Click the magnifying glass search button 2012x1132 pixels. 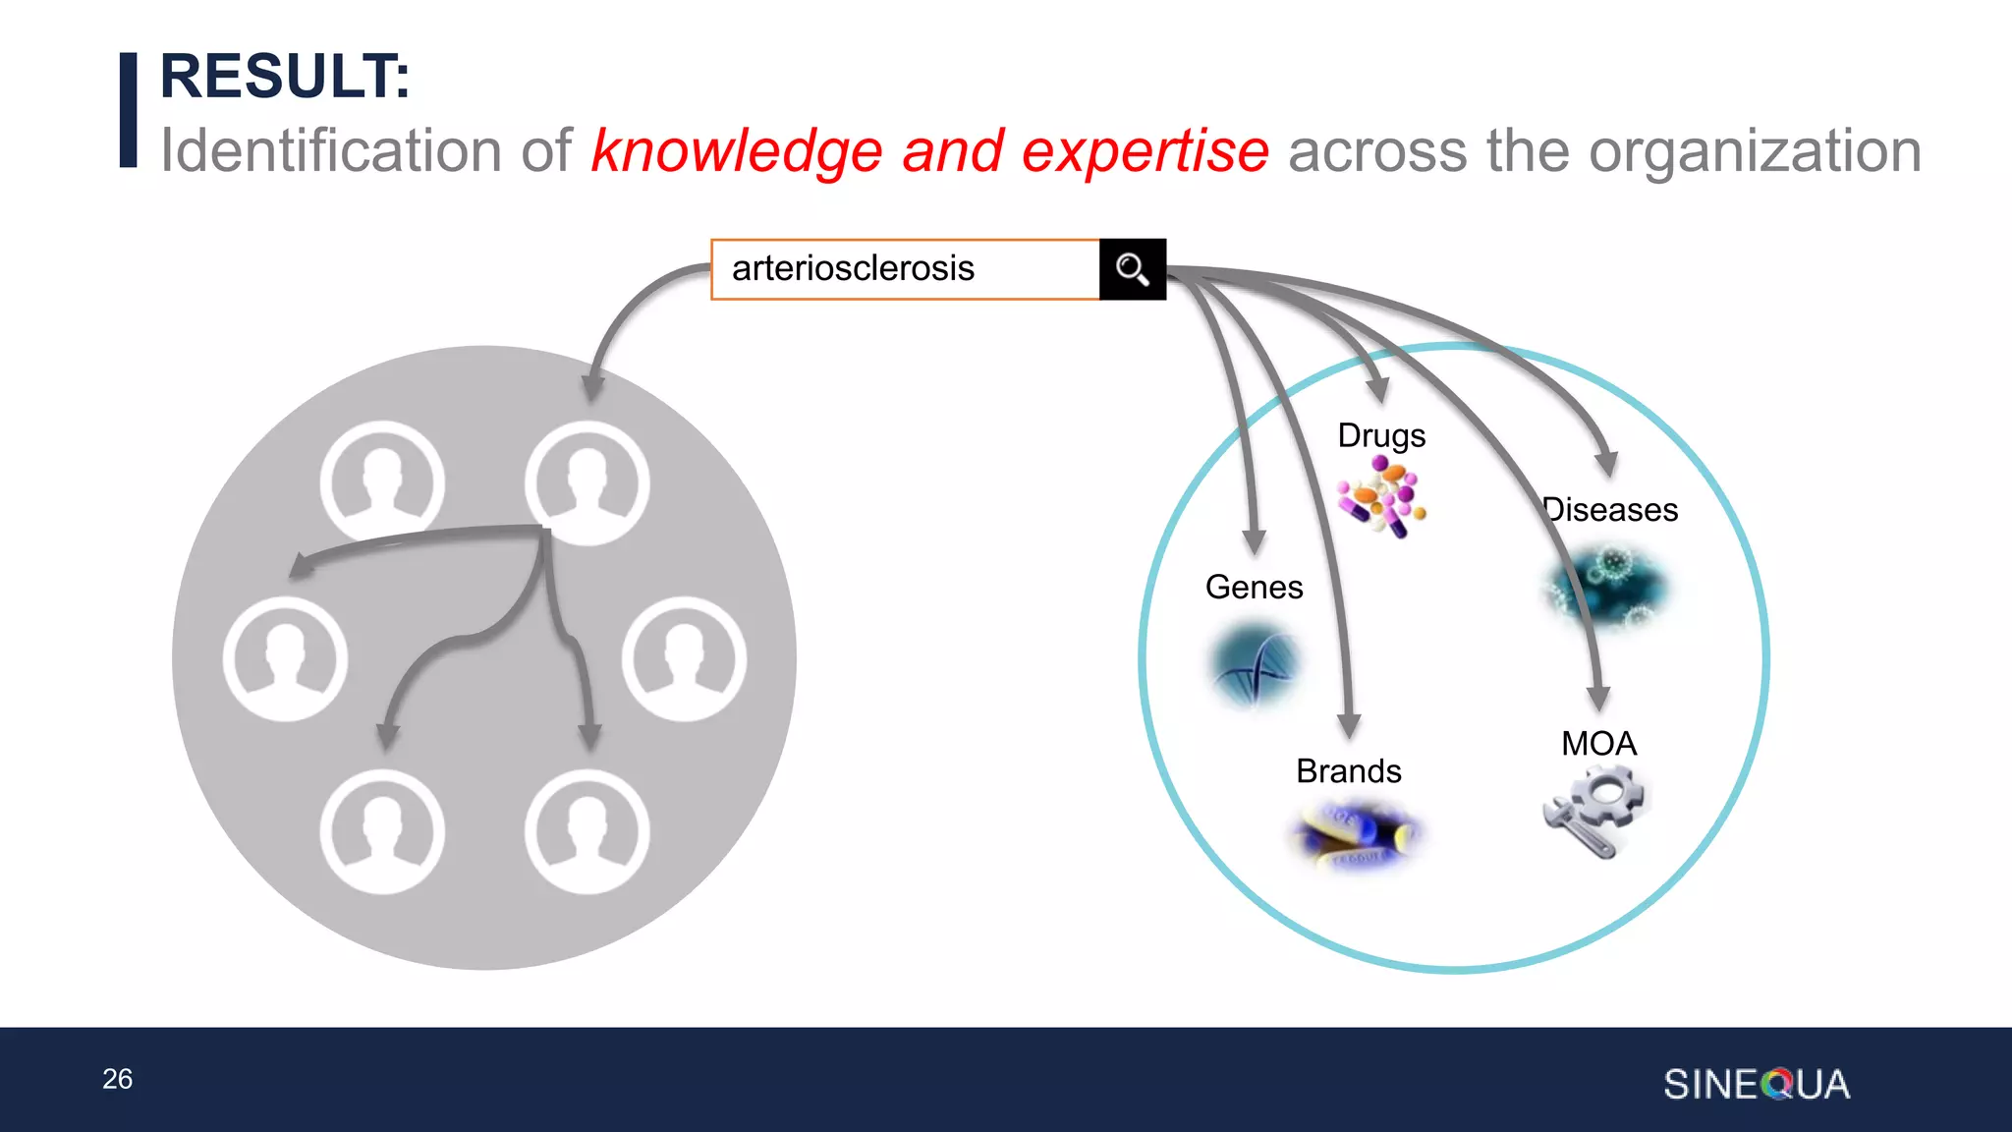coord(1132,269)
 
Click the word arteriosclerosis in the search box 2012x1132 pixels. coord(853,268)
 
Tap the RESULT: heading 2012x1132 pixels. coord(285,77)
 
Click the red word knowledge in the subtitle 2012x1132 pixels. coord(737,152)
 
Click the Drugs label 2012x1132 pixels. coord(1381,435)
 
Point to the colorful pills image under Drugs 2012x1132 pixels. coord(1382,497)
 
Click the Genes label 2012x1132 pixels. coord(1254,588)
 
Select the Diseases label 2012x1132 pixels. coord(1611,510)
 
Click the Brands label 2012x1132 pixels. coord(1348,771)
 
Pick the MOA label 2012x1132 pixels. coord(1598,744)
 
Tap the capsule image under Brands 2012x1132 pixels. coord(1356,836)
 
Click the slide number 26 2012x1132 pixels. coord(117,1079)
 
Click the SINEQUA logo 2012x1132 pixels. coord(1757,1085)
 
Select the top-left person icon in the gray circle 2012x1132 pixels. coord(382,481)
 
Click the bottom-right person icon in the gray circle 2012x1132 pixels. coord(587,831)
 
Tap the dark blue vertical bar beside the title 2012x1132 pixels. coord(129,110)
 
